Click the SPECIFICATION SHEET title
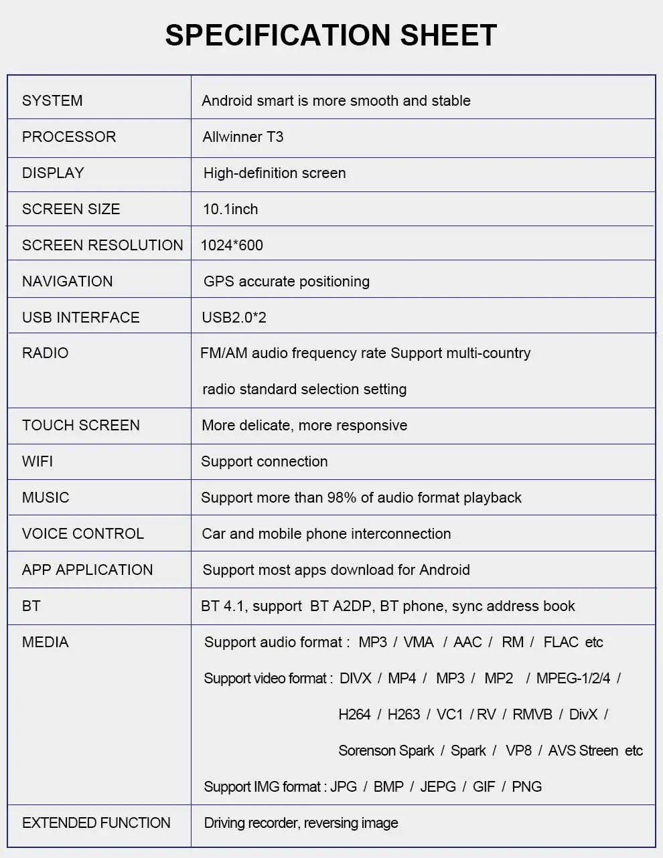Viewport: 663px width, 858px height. (x=331, y=35)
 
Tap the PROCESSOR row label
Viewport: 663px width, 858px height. (x=69, y=137)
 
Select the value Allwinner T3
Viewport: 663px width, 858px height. (x=242, y=137)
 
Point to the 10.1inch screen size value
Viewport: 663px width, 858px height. (x=230, y=209)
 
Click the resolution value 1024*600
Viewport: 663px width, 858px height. (x=232, y=245)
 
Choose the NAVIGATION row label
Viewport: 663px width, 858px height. (x=67, y=281)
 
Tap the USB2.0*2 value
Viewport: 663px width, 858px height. (x=234, y=317)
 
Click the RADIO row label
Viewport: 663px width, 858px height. (x=45, y=353)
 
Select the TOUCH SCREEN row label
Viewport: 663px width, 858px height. (x=80, y=425)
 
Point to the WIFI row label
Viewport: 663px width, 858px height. (x=38, y=461)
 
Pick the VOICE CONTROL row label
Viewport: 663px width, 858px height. (x=83, y=533)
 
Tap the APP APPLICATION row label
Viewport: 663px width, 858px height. (x=87, y=570)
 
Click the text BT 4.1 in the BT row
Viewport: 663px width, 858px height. (x=222, y=606)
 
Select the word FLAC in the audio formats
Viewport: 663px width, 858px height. (x=561, y=642)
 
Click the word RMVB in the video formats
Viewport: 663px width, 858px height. (x=532, y=714)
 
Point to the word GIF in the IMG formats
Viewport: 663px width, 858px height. (x=484, y=786)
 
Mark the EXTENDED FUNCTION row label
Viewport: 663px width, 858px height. (x=96, y=823)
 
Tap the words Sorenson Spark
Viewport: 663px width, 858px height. (x=386, y=750)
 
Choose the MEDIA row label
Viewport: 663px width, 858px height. (x=45, y=642)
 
